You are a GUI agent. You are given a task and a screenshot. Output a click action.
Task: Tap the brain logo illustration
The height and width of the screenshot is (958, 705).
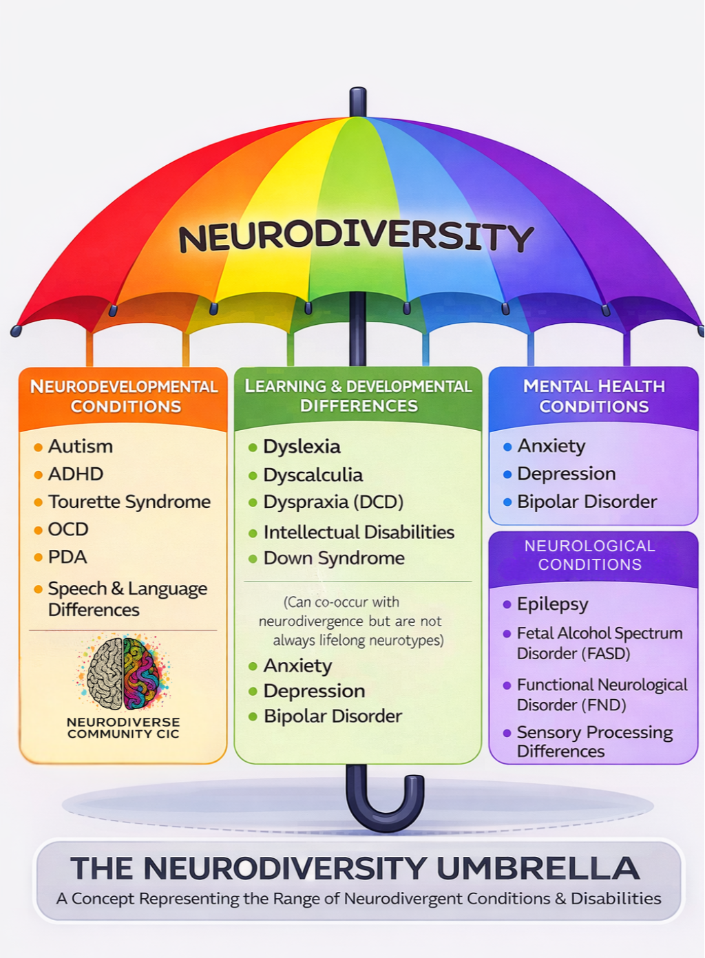coord(123,672)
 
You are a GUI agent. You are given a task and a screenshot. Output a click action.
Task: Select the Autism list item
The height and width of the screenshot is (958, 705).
coord(80,447)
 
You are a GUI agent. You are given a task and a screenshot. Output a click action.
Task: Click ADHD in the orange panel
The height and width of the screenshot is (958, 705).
coord(75,474)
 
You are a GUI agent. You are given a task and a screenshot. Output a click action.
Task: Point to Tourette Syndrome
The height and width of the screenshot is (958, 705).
coord(129,502)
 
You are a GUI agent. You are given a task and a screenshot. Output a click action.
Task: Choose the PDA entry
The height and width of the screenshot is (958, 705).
coord(67,557)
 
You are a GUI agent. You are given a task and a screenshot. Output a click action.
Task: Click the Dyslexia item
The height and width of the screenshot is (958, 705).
coord(302,447)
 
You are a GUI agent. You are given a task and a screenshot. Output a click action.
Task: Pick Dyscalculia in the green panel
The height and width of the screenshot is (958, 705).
coord(313,475)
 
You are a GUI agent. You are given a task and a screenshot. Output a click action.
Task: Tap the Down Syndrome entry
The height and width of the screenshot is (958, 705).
coord(334,558)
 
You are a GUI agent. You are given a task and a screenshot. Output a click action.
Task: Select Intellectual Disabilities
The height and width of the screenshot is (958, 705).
coord(358,532)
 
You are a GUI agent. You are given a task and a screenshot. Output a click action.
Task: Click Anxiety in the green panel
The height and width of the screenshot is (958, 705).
coord(297,666)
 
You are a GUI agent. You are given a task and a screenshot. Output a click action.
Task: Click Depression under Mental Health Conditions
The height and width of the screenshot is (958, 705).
coord(566,473)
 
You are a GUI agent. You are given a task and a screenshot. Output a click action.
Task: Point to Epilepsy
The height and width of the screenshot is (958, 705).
coord(552,604)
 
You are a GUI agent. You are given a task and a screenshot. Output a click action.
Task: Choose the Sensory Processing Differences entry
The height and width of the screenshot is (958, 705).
coord(594,741)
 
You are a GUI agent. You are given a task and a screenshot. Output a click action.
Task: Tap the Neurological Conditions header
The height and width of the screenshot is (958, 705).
coord(590,555)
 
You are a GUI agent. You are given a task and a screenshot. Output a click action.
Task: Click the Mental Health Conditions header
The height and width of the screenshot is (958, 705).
coord(593,396)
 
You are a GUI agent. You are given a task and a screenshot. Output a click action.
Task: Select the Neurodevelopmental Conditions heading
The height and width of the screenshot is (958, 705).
coord(125,396)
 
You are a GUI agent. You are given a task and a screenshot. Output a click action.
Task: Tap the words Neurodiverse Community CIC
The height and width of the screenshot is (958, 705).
coord(123,727)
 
